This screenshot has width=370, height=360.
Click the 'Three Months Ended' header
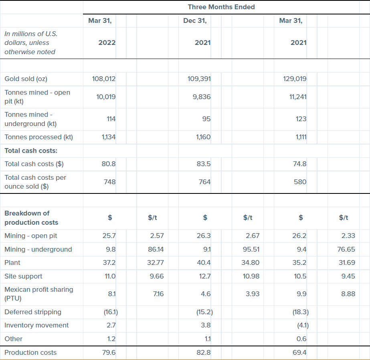221,7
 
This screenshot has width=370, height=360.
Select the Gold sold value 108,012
104,79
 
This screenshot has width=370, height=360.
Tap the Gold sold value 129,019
295,79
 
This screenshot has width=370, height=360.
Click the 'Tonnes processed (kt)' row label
38,137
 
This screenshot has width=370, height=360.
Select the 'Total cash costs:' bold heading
31,151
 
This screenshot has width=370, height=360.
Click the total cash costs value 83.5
204,164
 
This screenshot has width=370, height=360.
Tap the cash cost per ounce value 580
300,182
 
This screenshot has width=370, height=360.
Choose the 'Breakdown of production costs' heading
31,218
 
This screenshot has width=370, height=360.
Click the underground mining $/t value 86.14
156,249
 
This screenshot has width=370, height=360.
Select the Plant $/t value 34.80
251,262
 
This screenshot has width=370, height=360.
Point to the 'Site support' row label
23,276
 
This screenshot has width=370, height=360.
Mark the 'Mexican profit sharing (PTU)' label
38,294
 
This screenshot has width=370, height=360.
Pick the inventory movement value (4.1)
301,325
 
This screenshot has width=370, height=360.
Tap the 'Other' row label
13,339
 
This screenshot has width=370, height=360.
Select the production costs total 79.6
109,352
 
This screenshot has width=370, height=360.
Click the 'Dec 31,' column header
195,21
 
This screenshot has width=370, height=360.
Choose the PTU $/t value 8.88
348,294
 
